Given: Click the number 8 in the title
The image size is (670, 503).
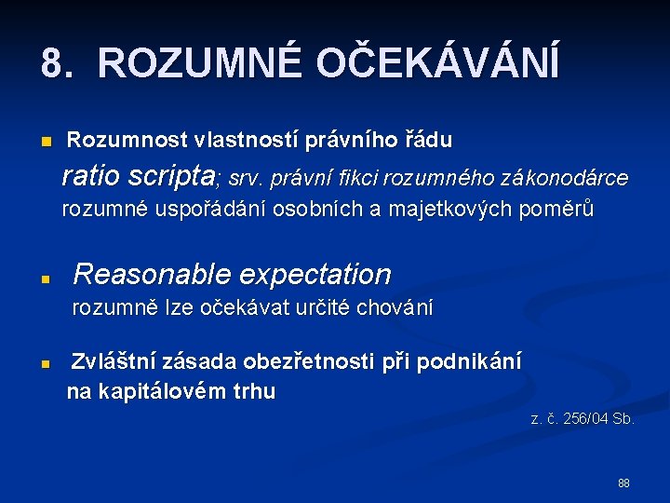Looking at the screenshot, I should [x=53, y=64].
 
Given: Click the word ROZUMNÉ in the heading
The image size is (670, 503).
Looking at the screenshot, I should [x=197, y=64].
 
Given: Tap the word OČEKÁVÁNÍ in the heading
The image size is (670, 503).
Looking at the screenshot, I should [x=437, y=64].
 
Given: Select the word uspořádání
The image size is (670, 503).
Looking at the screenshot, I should [x=206, y=210].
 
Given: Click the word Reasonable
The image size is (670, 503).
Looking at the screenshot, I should [x=154, y=274].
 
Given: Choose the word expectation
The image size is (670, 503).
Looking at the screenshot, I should [x=316, y=275].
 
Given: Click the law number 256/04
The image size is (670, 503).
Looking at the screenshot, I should [x=582, y=419].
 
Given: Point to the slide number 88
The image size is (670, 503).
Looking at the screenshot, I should [x=623, y=483].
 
